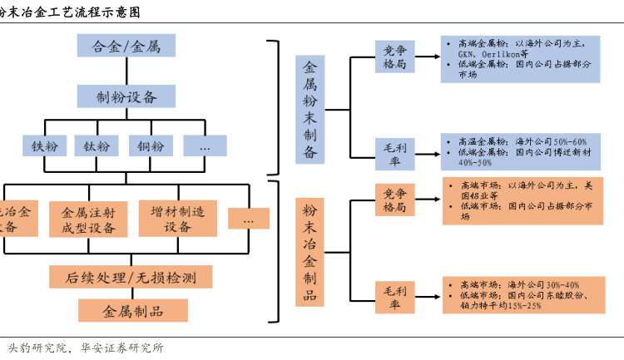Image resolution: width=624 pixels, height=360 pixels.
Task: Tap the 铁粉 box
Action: (x=43, y=146)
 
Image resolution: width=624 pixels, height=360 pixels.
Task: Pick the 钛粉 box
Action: (x=97, y=146)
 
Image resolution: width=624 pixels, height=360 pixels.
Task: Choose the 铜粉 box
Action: (x=151, y=146)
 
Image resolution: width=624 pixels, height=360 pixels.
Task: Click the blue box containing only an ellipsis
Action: (x=206, y=146)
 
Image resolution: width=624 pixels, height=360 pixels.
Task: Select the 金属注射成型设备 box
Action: (x=88, y=219)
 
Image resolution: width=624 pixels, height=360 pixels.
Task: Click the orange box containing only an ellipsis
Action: (x=249, y=219)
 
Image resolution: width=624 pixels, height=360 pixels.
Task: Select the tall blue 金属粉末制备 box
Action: (x=310, y=109)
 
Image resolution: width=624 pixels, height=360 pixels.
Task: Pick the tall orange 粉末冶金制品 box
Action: (x=310, y=251)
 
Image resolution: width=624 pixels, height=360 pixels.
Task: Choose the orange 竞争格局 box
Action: (x=394, y=200)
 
